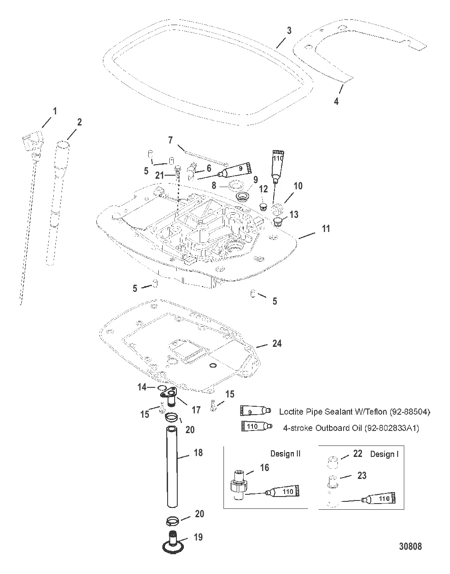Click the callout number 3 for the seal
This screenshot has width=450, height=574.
pyautogui.click(x=289, y=31)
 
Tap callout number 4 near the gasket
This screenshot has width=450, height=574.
pyautogui.click(x=348, y=101)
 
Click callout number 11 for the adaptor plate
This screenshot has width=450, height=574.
pyautogui.click(x=326, y=229)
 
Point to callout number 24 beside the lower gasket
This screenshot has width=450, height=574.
pyautogui.click(x=277, y=343)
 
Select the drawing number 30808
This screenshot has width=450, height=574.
pyautogui.click(x=410, y=546)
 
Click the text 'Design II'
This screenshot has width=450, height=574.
pyautogui.click(x=285, y=454)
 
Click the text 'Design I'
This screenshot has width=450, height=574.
pyautogui.click(x=384, y=454)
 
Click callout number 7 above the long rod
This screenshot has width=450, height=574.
pyautogui.click(x=170, y=140)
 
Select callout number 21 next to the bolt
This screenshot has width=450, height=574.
pyautogui.click(x=159, y=175)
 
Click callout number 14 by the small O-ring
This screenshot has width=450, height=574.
pyautogui.click(x=142, y=387)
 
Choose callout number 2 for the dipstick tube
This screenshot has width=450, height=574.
pyautogui.click(x=79, y=122)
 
